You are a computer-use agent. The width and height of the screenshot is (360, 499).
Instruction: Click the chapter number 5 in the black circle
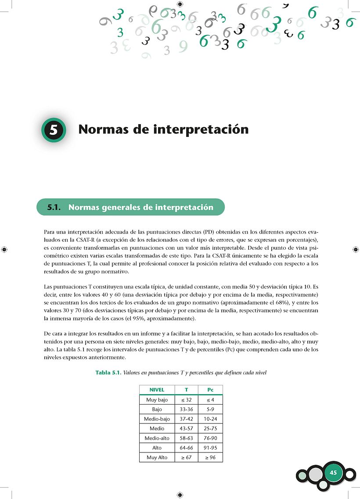pos(54,130)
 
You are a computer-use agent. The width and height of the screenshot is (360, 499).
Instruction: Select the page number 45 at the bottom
pos(333,472)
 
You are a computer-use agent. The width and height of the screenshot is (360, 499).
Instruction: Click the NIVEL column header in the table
pos(157,390)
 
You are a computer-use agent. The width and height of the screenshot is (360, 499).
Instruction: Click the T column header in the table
pos(186,390)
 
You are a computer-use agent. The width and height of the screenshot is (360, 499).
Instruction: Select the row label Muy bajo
pos(157,400)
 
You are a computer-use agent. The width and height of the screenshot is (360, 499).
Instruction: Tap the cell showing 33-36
pos(186,409)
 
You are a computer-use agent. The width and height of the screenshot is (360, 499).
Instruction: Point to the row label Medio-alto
pos(157,438)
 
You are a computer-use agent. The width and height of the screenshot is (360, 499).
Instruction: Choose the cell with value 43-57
pos(186,429)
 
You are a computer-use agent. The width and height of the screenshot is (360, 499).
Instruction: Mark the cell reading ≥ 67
pos(186,458)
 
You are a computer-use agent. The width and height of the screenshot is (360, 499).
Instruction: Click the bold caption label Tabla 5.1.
pos(108,373)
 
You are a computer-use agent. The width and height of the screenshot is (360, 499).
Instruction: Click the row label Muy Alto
pos(157,458)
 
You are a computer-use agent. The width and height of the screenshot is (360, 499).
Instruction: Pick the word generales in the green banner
pos(118,208)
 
